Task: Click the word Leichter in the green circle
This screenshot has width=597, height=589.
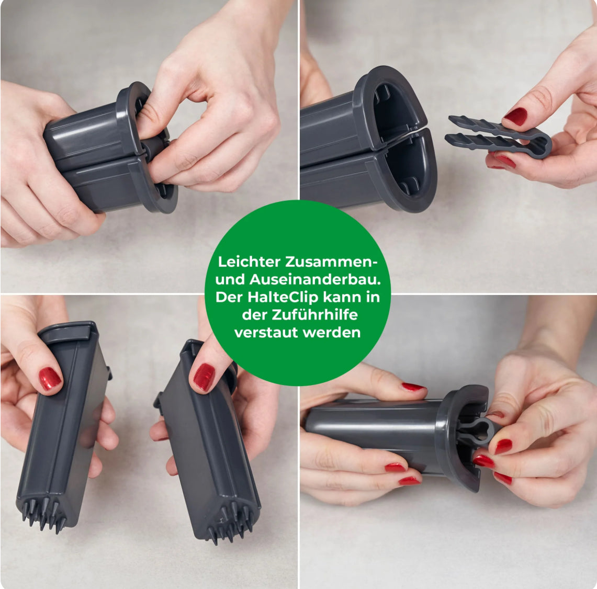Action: click(x=249, y=262)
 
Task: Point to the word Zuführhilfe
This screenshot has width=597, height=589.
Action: click(x=314, y=315)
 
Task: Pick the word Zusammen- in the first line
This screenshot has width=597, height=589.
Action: click(x=331, y=262)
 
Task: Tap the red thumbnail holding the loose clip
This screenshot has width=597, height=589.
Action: click(x=515, y=116)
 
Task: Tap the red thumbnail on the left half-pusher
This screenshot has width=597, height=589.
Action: click(x=50, y=378)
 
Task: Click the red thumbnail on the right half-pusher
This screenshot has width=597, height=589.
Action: click(x=204, y=377)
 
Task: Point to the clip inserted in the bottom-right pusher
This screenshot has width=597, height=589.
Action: click(x=477, y=432)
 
